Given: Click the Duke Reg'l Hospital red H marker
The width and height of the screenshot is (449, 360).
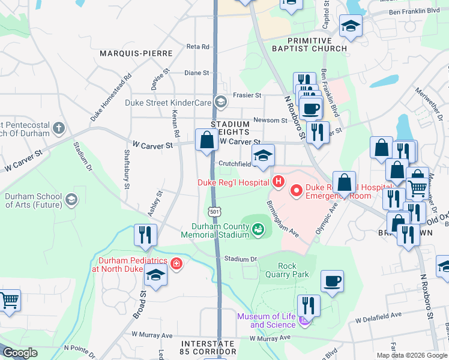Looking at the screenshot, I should (277, 181).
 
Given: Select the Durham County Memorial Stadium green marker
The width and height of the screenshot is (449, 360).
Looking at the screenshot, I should (258, 229).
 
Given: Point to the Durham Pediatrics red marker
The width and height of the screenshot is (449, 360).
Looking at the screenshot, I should (176, 263).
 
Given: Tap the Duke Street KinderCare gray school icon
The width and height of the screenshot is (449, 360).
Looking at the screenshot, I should (221, 101).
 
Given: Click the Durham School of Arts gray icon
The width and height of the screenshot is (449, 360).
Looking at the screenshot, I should (71, 199).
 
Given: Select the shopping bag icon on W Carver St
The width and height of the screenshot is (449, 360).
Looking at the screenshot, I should (206, 140).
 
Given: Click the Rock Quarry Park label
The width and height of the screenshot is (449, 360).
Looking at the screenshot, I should (293, 270).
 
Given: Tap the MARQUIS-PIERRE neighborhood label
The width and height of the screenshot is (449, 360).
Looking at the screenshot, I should (136, 53).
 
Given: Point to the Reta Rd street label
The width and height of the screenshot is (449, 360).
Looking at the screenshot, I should (197, 46).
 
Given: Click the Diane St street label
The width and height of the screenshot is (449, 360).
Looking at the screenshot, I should (196, 73).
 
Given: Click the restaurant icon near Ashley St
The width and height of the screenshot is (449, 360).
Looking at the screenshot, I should (145, 235).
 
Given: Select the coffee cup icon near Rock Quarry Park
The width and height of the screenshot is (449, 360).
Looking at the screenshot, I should (332, 281).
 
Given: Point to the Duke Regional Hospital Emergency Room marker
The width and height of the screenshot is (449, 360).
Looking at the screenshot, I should (297, 191).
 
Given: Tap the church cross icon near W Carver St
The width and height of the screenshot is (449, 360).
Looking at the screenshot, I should (58, 127).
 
